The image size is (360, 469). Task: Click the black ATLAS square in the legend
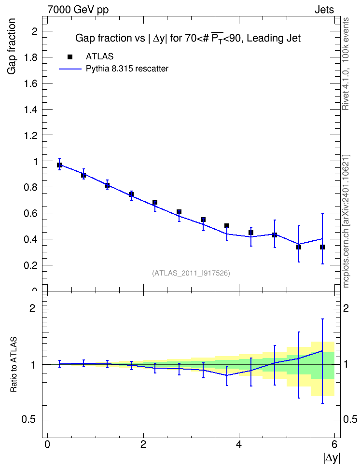pyautogui.click(x=70, y=57)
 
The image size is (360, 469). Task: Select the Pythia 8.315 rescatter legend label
pyautogui.click(x=127, y=69)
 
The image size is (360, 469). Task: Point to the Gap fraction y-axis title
pyautogui.click(x=12, y=46)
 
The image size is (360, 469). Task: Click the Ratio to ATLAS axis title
pyautogui.click(x=14, y=364)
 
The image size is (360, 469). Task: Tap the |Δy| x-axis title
pyautogui.click(x=332, y=457)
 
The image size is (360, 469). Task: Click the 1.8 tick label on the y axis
pyautogui.click(x=31, y=57)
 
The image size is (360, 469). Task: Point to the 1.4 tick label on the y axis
pyautogui.click(x=31, y=110)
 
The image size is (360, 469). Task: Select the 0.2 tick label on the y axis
pyautogui.click(x=31, y=265)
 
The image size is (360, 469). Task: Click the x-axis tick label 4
pyautogui.click(x=239, y=444)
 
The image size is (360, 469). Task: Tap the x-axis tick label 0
pyautogui.click(x=47, y=444)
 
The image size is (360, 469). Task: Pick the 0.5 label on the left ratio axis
pyautogui.click(x=29, y=420)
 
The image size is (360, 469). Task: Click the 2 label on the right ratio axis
pyautogui.click(x=346, y=308)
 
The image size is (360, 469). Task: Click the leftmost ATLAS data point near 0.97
pyautogui.click(x=59, y=165)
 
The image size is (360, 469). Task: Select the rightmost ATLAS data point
pyautogui.click(x=322, y=247)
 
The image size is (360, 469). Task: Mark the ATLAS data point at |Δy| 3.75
pyautogui.click(x=227, y=226)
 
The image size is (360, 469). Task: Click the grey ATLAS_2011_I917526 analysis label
pyautogui.click(x=191, y=273)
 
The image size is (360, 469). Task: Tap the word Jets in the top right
pyautogui.click(x=324, y=10)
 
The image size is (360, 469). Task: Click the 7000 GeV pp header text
pyautogui.click(x=78, y=10)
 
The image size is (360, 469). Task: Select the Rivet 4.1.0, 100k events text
pyautogui.click(x=346, y=64)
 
